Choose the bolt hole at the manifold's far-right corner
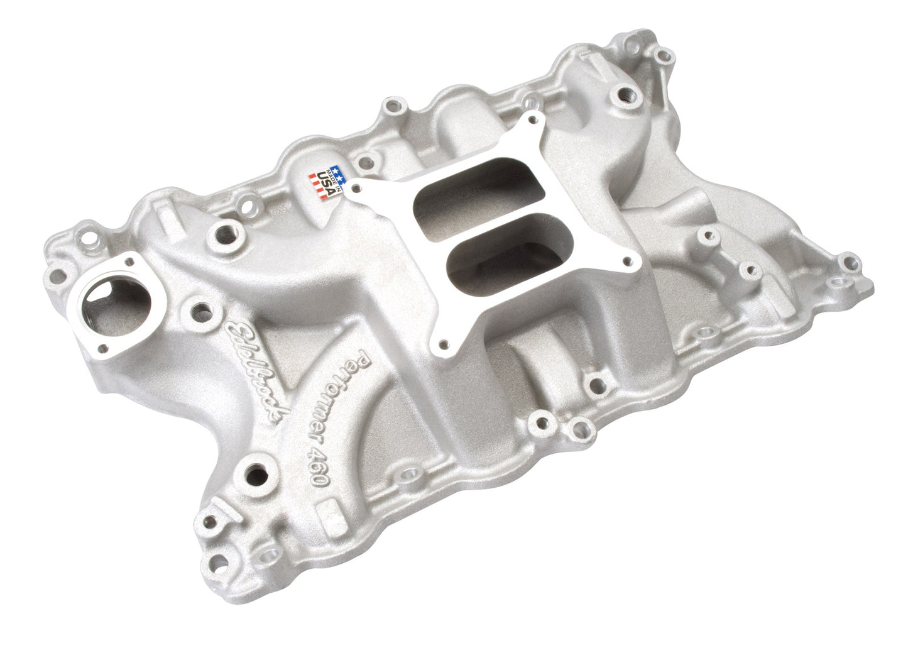pos(851,261)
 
